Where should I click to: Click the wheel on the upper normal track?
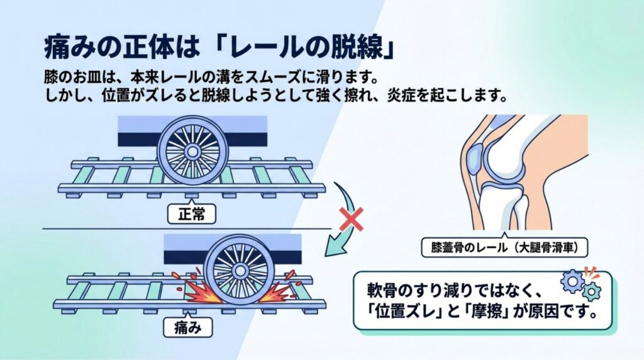(189, 151)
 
